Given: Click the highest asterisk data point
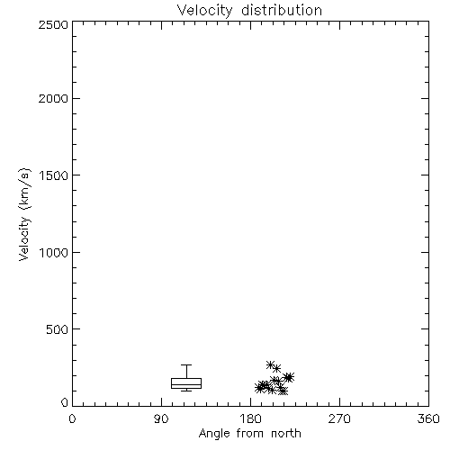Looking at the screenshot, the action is coord(271,364).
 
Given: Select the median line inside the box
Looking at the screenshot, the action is coord(186,384).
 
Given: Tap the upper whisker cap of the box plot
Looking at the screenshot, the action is coord(186,364).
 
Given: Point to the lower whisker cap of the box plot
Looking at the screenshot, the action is coord(186,391).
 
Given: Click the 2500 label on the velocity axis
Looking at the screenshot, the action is coord(53,24).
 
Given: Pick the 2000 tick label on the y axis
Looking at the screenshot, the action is coord(53,98).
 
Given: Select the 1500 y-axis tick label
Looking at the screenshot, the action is coord(54,175).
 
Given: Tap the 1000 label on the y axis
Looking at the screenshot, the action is coord(54,252).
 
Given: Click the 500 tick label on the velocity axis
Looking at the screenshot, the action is coord(58,329).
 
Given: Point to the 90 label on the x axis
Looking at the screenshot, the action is coord(161,418).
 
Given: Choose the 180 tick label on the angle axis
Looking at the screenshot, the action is coord(250,418).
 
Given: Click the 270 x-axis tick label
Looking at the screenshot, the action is coord(339,418).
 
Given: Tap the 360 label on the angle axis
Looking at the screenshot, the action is coord(428,418).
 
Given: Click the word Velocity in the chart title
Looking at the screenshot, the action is coord(204,11).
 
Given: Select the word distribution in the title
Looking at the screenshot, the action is coord(282,10).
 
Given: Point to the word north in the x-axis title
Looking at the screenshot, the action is coord(286,434).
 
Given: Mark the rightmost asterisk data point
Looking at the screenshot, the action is coord(290,377).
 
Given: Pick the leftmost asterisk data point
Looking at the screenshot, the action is coord(259,388).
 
